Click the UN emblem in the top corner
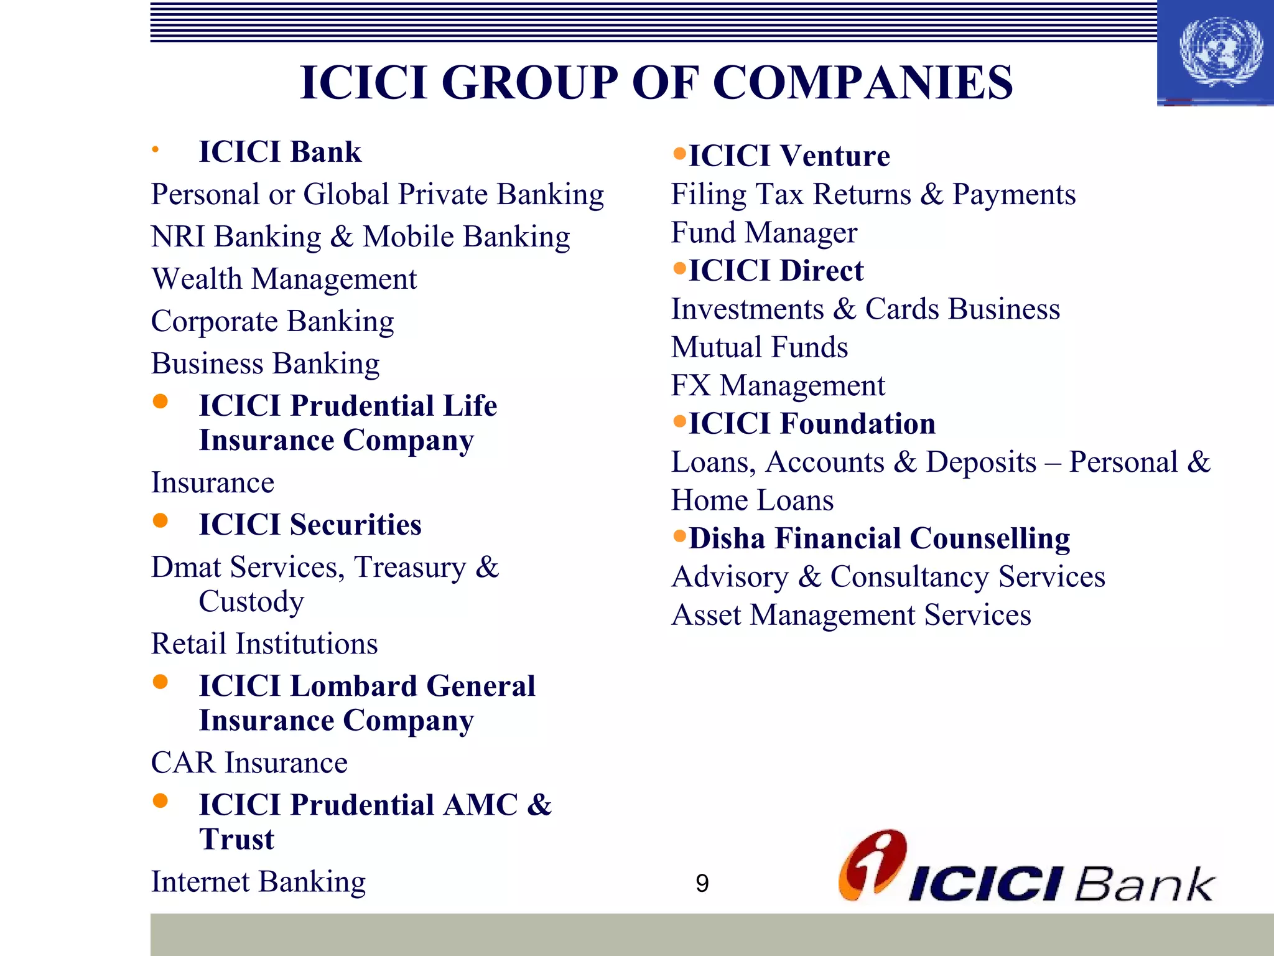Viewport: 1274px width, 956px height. click(x=1221, y=52)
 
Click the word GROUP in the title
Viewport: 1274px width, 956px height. click(x=529, y=82)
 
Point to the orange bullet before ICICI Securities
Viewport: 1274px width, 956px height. click(x=160, y=520)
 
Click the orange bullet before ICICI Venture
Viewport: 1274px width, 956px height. click(x=679, y=153)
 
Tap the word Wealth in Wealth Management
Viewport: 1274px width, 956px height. click(x=197, y=279)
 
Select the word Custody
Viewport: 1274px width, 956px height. click(x=251, y=602)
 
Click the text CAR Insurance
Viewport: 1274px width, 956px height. click(x=249, y=762)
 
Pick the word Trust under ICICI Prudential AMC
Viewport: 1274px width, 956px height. click(x=236, y=839)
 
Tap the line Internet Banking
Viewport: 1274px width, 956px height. click(x=258, y=881)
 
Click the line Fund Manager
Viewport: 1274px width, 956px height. click(x=764, y=233)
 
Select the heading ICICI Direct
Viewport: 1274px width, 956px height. click(x=776, y=271)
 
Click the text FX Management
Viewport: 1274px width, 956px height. click(x=778, y=385)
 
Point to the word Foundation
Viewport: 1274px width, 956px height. click(x=857, y=424)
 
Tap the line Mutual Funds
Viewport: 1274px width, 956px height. click(x=760, y=347)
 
